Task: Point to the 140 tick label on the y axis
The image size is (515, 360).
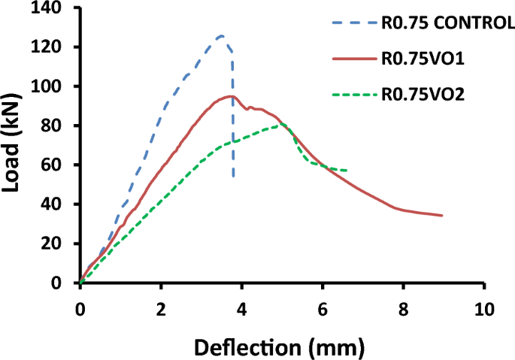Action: (49, 8)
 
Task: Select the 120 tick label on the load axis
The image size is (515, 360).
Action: (49, 47)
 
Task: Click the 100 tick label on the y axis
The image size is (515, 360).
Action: (49, 86)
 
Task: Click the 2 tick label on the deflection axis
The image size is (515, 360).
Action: (160, 309)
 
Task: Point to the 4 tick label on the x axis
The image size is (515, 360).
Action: (241, 309)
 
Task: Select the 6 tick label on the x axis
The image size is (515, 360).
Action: (323, 309)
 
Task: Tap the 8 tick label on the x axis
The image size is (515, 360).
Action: (404, 309)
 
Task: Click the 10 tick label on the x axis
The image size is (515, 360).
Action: (485, 309)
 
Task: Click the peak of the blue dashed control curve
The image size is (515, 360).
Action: (220, 35)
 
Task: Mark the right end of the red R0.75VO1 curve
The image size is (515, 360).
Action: (442, 215)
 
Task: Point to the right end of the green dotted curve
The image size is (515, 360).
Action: (347, 171)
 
